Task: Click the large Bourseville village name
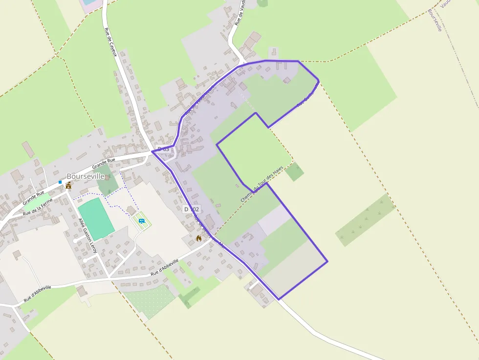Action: [x=86, y=176]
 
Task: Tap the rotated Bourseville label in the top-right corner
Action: [x=435, y=20]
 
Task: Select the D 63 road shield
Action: [x=163, y=148]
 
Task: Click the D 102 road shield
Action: [x=192, y=209]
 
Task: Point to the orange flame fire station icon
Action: [x=198, y=238]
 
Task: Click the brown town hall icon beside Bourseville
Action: [x=68, y=186]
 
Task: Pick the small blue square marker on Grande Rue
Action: [x=60, y=182]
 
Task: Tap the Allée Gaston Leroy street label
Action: [x=88, y=235]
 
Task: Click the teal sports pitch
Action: [x=96, y=219]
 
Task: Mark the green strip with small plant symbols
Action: [x=366, y=219]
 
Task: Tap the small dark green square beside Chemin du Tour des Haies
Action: [x=294, y=171]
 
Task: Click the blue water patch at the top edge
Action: [x=88, y=2]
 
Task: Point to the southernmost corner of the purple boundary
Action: [x=279, y=299]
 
